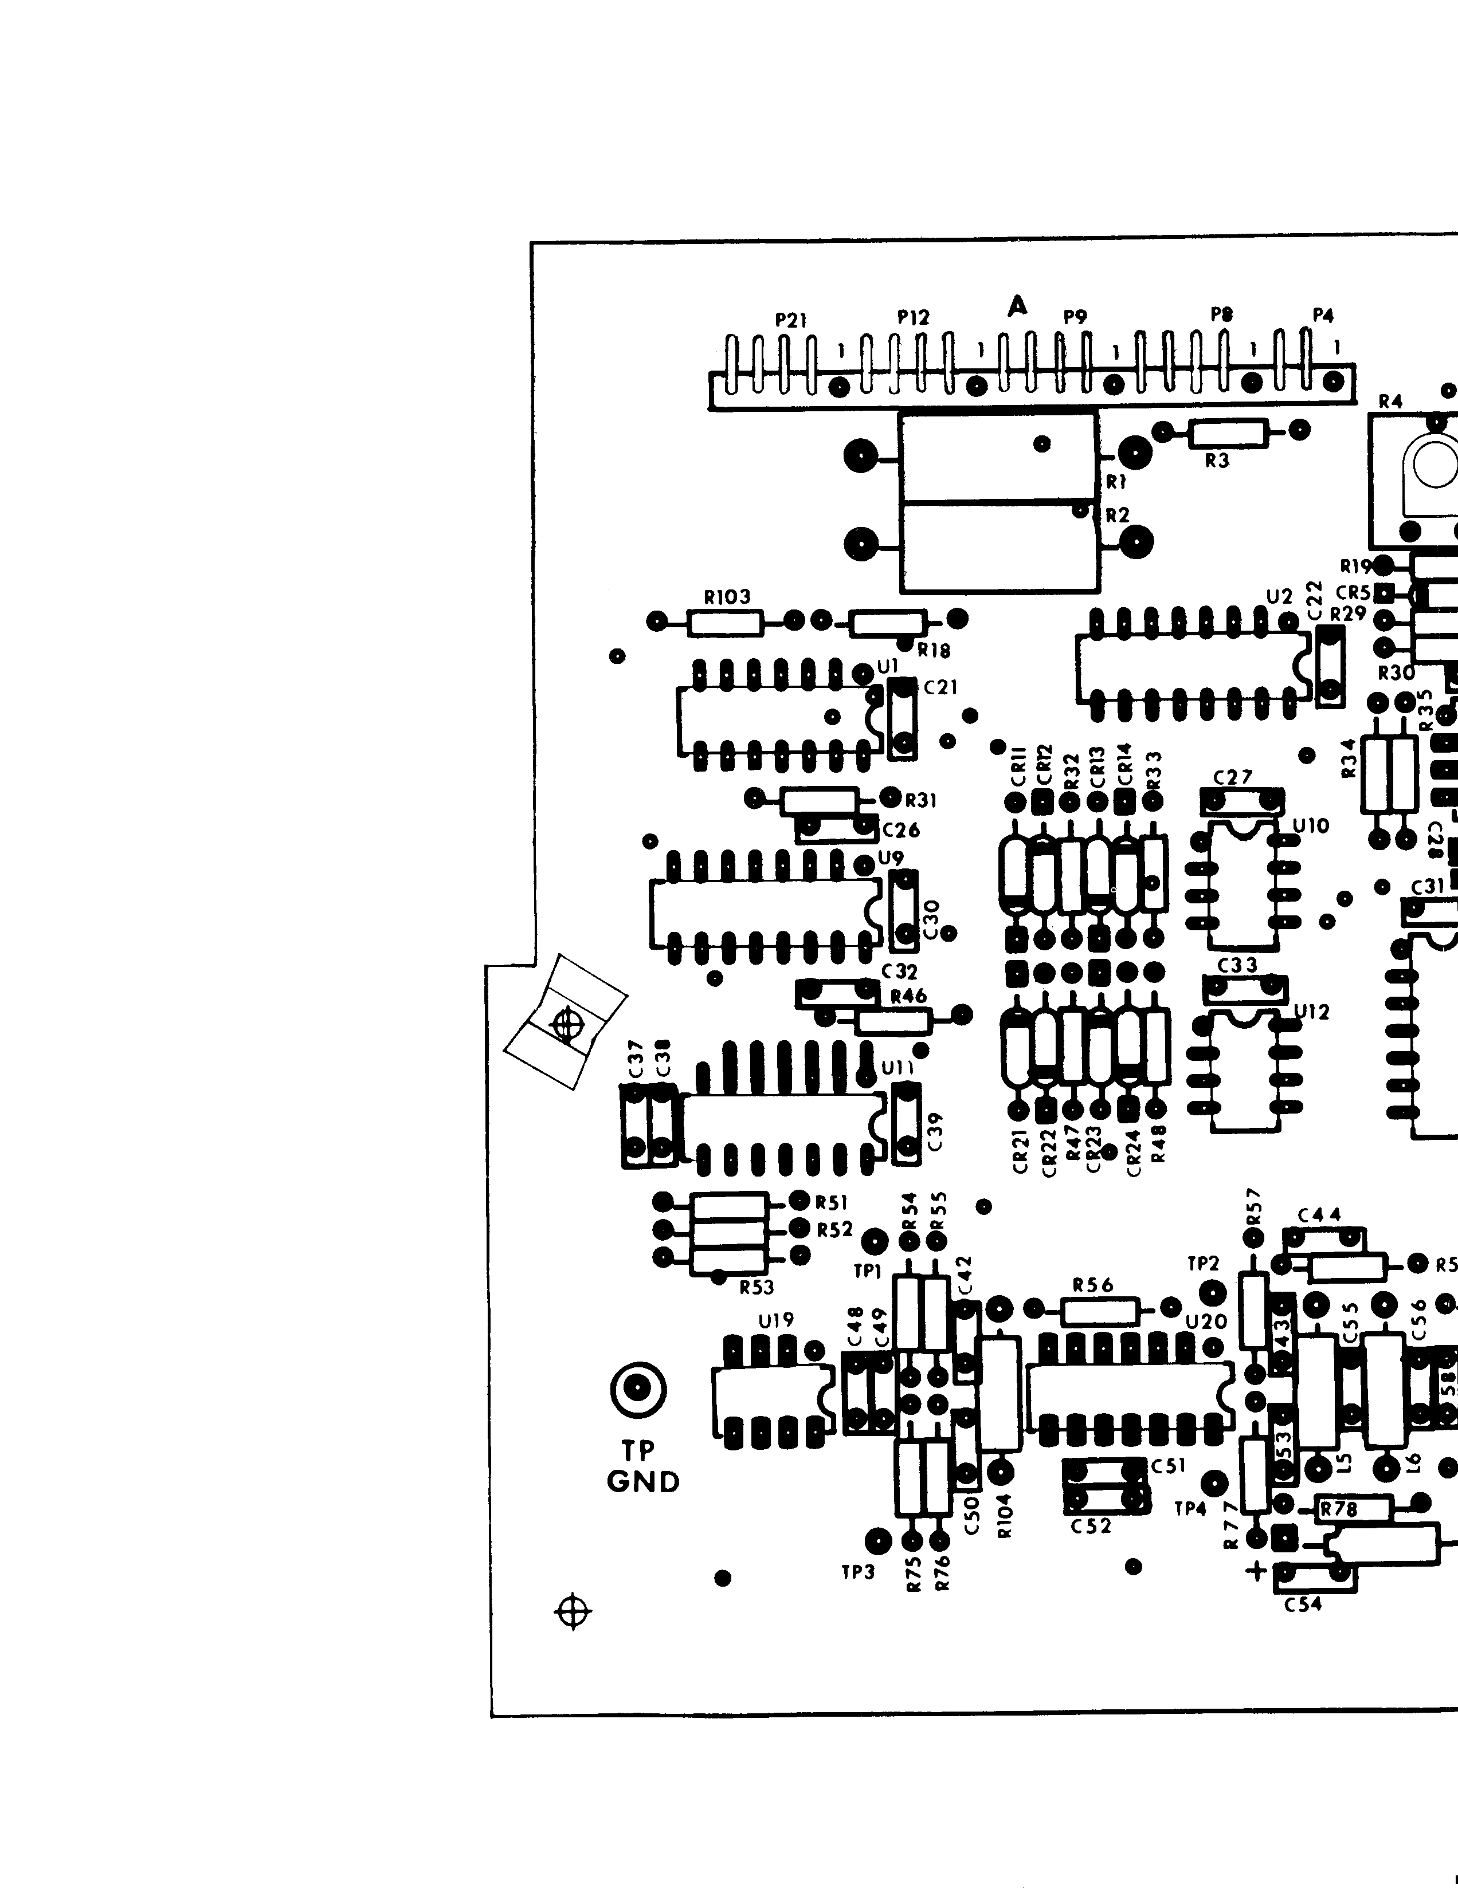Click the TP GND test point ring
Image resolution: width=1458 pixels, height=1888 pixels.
pos(638,1389)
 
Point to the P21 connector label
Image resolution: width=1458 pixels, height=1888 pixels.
pos(790,320)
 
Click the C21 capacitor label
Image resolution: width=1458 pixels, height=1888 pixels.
pos(941,687)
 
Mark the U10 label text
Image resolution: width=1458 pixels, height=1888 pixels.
pos(1310,825)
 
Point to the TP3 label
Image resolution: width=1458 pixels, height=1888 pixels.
pos(858,1572)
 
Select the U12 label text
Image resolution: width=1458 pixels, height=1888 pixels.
pos(1311,1012)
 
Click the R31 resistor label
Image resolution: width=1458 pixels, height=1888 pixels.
pos(921,800)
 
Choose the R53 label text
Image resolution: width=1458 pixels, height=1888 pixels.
pos(757,1287)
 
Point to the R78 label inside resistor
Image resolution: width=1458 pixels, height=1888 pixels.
pos(1339,1509)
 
